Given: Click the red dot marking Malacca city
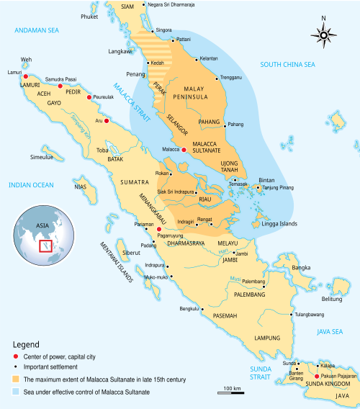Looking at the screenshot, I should [x=184, y=150].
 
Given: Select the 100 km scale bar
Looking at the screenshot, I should [x=231, y=392].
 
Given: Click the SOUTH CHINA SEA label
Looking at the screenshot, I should [x=288, y=65].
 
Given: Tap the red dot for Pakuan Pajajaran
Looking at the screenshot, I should [x=316, y=377].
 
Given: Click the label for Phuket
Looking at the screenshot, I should [x=89, y=16].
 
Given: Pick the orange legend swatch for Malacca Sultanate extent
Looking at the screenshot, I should [x=16, y=379].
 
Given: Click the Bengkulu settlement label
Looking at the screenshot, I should [x=189, y=309].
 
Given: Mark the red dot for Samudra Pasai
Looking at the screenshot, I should [x=60, y=86].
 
